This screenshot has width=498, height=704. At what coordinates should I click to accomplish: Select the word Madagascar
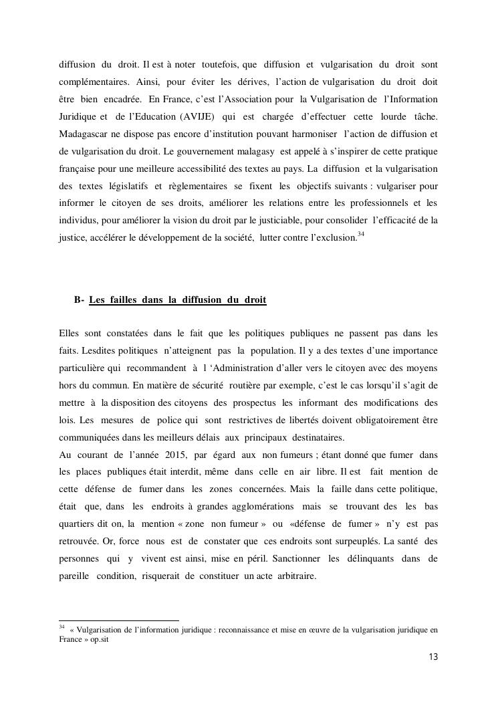click(84, 134)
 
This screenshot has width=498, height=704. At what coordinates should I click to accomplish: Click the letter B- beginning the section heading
click(79, 300)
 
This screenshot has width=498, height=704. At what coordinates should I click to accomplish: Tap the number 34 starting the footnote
click(61, 627)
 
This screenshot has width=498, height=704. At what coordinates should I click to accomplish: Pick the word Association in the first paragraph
click(241, 99)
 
